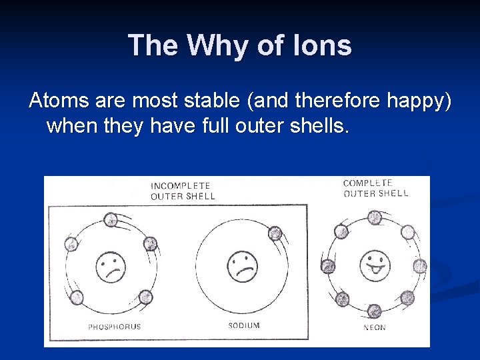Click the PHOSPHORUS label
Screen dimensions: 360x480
coord(115,327)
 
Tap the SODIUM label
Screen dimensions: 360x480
coord(244,325)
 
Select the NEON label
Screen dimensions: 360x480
coord(374,327)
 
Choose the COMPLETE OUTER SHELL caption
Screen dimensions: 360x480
coord(375,188)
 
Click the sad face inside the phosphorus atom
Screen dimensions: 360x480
coord(110,267)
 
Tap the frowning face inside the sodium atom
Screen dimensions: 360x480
coord(243,266)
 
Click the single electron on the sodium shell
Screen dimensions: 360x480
coord(275,233)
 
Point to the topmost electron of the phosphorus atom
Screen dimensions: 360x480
coord(111,219)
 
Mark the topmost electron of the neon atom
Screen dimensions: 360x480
coord(375,217)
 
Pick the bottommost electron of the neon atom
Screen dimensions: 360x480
coord(374,310)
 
